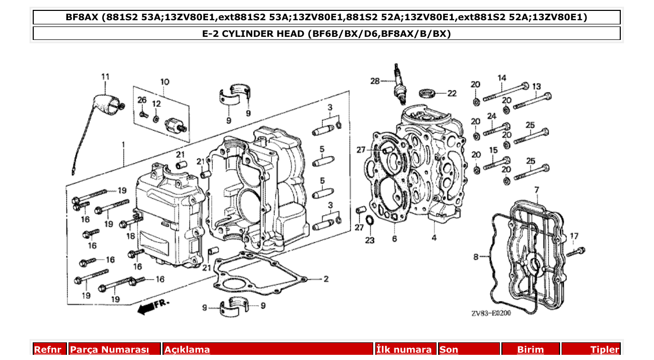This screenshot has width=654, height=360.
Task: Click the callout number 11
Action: click(x=105, y=77)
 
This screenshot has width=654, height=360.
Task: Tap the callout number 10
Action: click(x=165, y=82)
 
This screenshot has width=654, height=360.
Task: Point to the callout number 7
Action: click(x=537, y=190)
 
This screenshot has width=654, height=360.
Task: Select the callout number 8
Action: click(x=476, y=256)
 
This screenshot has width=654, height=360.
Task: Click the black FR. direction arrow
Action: click(x=147, y=308)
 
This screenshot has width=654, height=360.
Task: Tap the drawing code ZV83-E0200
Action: click(x=491, y=313)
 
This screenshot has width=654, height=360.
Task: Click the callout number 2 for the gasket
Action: click(x=326, y=279)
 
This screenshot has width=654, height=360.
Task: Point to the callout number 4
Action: click(x=434, y=238)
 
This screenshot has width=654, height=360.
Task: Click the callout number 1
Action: click(x=124, y=144)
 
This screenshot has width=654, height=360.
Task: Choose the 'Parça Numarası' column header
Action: click(x=110, y=350)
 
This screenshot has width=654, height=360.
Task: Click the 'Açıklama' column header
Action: click(x=187, y=350)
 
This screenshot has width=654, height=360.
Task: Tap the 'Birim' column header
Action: click(x=530, y=350)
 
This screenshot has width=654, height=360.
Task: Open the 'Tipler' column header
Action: click(x=604, y=350)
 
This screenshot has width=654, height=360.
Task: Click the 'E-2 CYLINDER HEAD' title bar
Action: click(x=326, y=34)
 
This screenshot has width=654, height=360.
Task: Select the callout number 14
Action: click(x=501, y=78)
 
